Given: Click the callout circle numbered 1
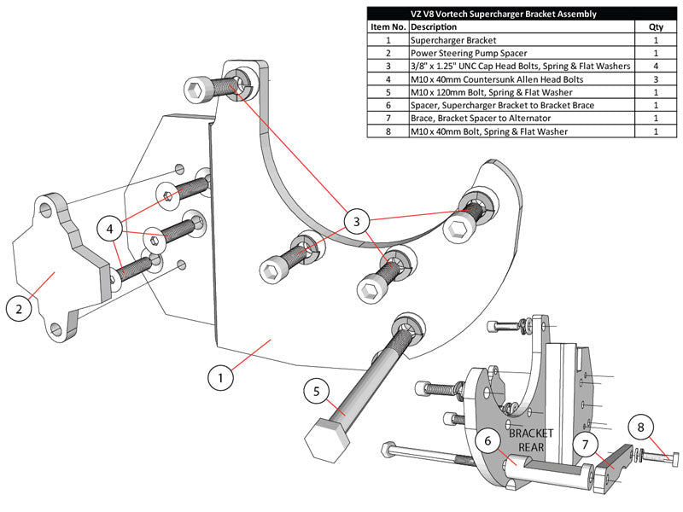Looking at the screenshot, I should click(x=221, y=377).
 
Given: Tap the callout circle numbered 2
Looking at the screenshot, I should click(x=19, y=307).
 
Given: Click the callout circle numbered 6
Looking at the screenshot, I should click(x=488, y=441).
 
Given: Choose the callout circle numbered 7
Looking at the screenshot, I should click(x=586, y=445).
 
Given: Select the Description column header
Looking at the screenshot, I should click(x=435, y=26).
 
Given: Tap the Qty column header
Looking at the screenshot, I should click(x=656, y=26).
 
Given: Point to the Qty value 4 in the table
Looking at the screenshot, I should click(x=656, y=66).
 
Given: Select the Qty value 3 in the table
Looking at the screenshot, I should click(x=656, y=79).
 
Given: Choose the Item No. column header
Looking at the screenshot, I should click(x=388, y=26).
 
